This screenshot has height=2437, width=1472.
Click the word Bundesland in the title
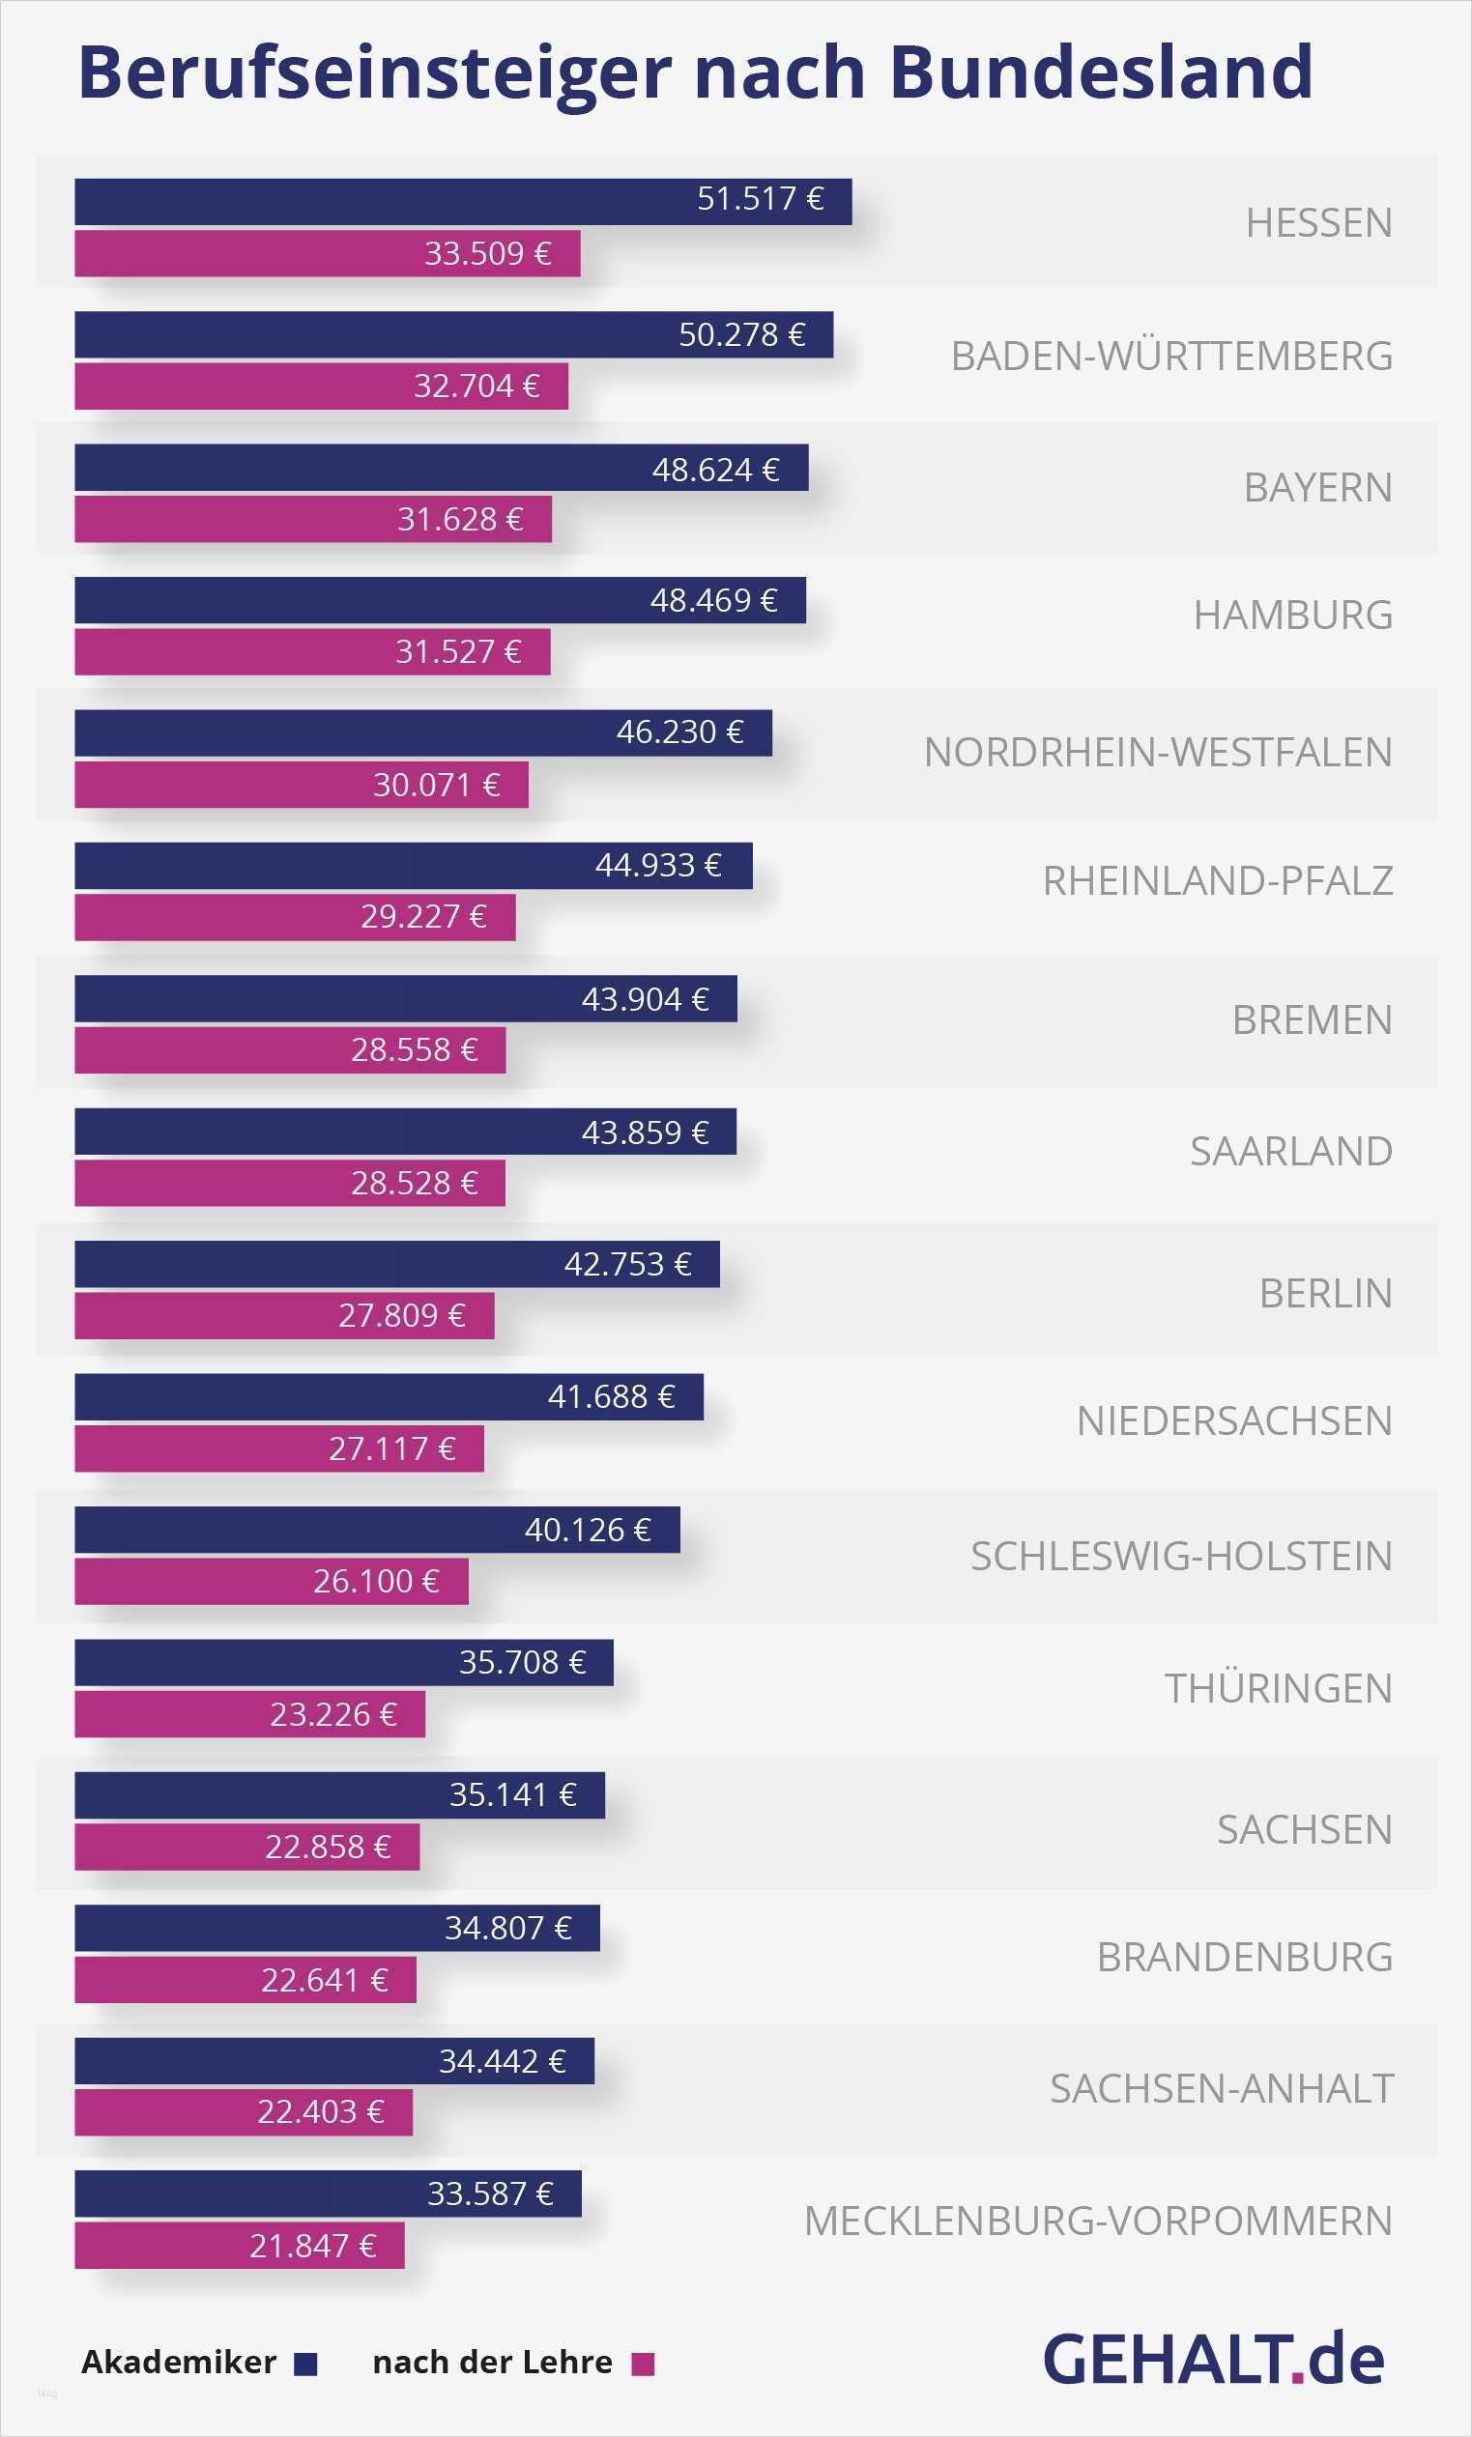tap(1100, 72)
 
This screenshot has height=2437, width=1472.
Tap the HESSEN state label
tap(1318, 223)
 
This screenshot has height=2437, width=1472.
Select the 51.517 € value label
tap(760, 200)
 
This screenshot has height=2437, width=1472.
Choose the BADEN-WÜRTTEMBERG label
tap(1171, 356)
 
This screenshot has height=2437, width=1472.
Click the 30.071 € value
tap(436, 786)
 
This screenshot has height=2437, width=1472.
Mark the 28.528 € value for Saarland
tap(415, 1183)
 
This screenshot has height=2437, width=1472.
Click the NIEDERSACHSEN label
tap(1233, 1421)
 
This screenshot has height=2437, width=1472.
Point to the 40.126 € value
tap(588, 1530)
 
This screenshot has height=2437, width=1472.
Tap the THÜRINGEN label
tap(1278, 1688)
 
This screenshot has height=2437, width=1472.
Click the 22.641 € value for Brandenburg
tap(325, 1980)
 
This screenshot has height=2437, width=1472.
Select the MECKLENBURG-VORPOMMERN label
tap(1098, 2222)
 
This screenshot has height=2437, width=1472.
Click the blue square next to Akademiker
tap(305, 2364)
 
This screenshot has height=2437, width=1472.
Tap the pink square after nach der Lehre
tap(643, 2364)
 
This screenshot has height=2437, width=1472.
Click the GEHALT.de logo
tap(1213, 2360)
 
